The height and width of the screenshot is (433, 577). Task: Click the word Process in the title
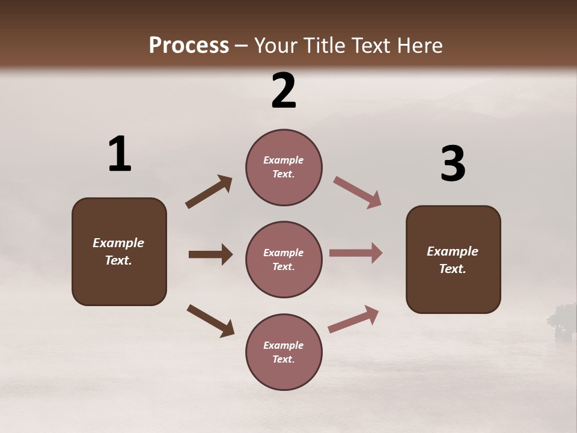(189, 45)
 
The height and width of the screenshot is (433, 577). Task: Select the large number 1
(120, 155)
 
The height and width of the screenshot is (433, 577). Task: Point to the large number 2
(284, 91)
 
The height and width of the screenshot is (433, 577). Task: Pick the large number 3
(453, 164)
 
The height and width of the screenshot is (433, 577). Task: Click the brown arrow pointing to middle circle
(210, 254)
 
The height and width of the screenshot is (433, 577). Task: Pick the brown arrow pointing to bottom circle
(210, 321)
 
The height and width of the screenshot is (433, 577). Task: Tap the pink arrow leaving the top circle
(358, 192)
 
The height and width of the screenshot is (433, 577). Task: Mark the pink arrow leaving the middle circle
(356, 253)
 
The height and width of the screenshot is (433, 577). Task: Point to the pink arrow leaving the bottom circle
(353, 319)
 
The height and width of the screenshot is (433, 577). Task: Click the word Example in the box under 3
(453, 251)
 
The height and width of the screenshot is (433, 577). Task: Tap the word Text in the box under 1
(118, 260)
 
